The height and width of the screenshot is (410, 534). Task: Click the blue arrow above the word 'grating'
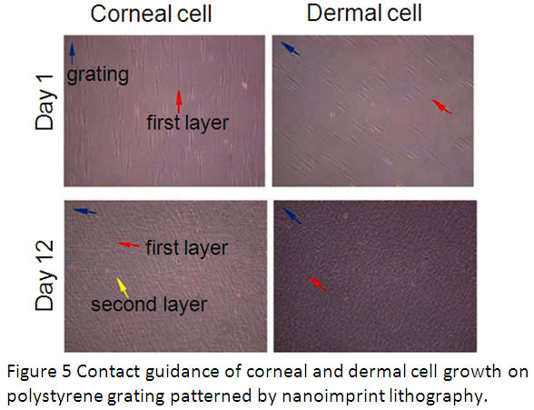coord(73,50)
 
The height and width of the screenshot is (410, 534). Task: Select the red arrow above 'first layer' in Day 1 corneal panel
coord(179,100)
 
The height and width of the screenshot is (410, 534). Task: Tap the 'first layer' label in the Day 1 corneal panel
coord(187,121)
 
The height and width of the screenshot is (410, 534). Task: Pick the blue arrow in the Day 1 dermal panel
coord(290,48)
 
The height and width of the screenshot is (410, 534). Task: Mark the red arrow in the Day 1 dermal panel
coord(440,106)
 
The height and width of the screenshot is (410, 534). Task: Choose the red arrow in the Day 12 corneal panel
coord(130,245)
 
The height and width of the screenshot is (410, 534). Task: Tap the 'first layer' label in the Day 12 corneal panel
coord(186,247)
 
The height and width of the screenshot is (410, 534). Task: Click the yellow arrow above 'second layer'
coord(118,282)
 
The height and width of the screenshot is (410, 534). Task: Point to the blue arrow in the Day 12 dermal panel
coord(291,215)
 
